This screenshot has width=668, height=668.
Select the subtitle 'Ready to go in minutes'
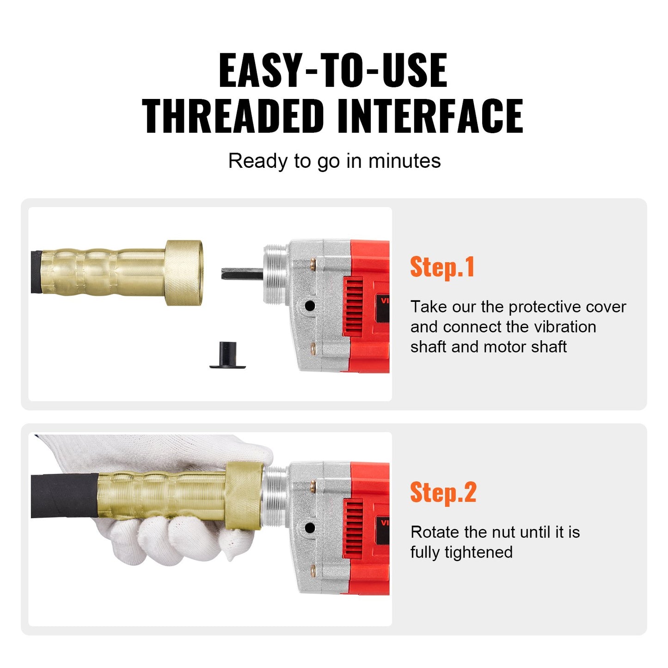(x=334, y=161)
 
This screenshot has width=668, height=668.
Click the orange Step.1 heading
(x=442, y=267)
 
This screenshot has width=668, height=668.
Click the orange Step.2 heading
(x=443, y=492)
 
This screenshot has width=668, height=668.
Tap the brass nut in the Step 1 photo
(x=184, y=273)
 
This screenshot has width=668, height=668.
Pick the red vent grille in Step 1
(x=353, y=306)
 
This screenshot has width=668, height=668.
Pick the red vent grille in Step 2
(x=353, y=528)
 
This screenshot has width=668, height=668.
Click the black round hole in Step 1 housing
(x=310, y=306)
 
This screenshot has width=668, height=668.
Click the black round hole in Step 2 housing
(x=310, y=527)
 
